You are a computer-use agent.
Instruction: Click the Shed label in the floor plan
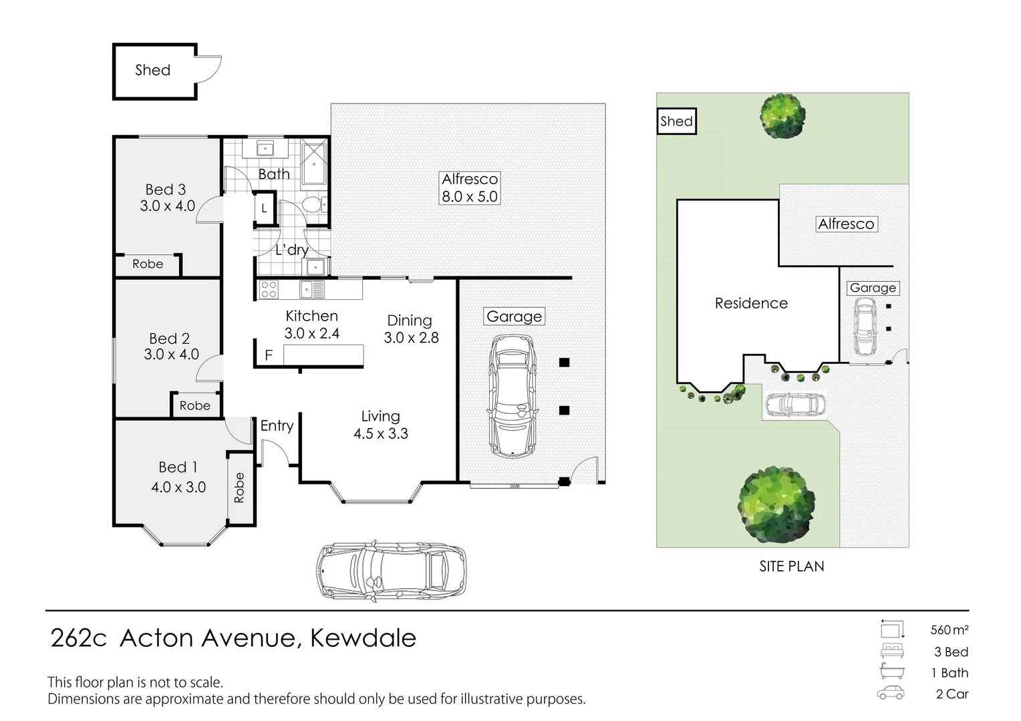coord(152,70)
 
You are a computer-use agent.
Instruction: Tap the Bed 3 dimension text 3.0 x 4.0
coord(167,206)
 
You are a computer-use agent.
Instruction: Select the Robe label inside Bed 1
coord(239,487)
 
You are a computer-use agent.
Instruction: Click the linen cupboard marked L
coord(264,208)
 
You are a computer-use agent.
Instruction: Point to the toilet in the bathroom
coord(311,204)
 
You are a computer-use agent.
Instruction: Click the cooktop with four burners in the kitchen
coord(269,289)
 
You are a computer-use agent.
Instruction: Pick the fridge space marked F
coord(269,355)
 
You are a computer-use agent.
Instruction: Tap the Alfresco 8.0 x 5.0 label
coord(470,188)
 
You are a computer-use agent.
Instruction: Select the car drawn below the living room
coord(391,571)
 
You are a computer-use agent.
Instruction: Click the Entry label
coord(277,426)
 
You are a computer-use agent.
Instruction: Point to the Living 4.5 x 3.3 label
coord(380,425)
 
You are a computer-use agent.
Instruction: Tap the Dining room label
coord(410,321)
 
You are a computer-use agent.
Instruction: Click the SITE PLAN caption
coord(791,566)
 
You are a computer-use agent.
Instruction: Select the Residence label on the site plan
coord(751,303)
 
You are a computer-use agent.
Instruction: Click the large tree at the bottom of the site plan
coord(776,504)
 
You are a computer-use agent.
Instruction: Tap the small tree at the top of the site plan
coord(782,115)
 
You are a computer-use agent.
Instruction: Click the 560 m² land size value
coord(949,630)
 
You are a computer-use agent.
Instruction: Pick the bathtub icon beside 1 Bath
coord(891,672)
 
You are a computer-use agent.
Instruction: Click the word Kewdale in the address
coord(363,638)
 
